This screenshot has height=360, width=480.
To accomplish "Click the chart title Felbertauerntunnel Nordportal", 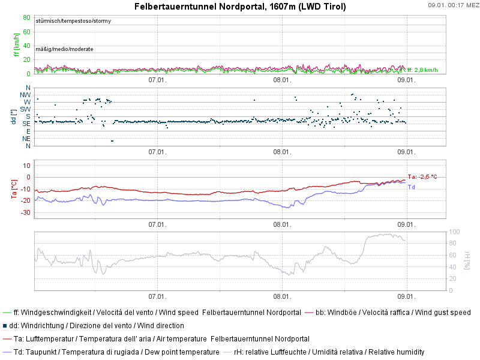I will [240, 7].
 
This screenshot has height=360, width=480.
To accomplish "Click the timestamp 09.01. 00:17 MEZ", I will [453, 5].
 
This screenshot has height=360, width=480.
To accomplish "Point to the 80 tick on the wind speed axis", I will [26, 17].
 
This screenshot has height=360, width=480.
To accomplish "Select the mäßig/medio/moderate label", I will [64, 49].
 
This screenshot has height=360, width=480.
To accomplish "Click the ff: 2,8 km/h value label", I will [422, 70].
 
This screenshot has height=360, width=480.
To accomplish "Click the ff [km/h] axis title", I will [16, 46].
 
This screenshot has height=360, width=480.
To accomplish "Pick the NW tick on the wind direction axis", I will [25, 95].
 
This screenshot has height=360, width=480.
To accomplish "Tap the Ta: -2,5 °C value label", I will [422, 177].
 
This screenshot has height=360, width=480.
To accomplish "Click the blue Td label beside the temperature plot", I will [412, 187].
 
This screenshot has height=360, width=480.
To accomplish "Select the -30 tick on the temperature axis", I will [25, 213].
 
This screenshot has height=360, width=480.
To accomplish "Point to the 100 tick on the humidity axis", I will [454, 232].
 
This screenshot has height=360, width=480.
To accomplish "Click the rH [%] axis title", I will [467, 260].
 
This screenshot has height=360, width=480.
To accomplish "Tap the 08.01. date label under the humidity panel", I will [282, 296].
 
